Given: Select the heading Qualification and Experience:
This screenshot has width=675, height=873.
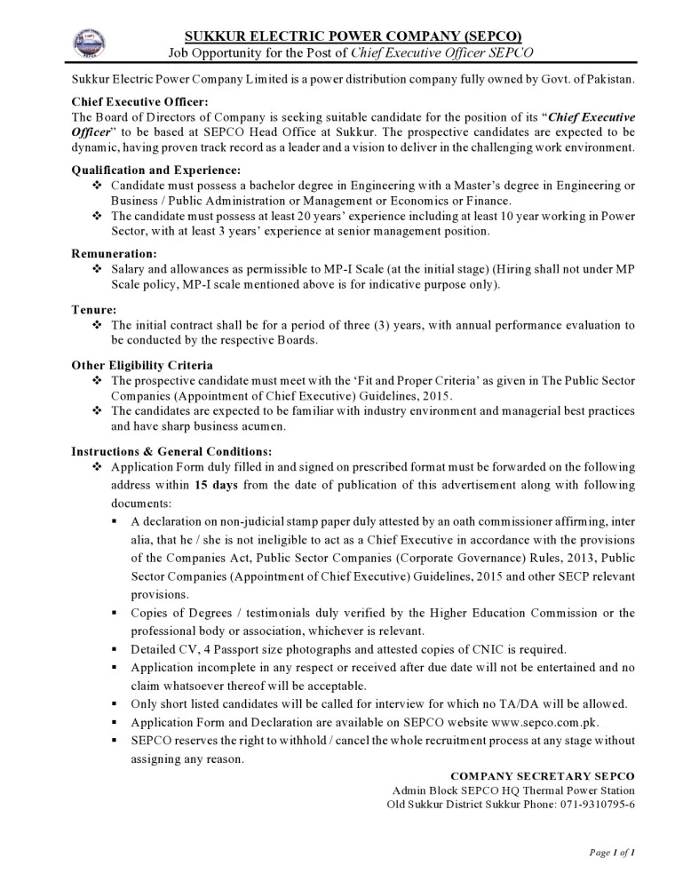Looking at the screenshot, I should pos(155,170).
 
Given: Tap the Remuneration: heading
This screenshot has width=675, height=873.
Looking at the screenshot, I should pos(115,253).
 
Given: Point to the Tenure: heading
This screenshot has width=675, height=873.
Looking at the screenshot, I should pos(94,310).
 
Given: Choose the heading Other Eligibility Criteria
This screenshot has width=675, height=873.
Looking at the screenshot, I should pos(142,366).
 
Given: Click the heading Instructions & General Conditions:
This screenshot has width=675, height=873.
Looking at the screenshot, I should pos(171,451).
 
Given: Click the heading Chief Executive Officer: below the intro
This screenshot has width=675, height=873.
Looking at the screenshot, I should pos(139,102).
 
